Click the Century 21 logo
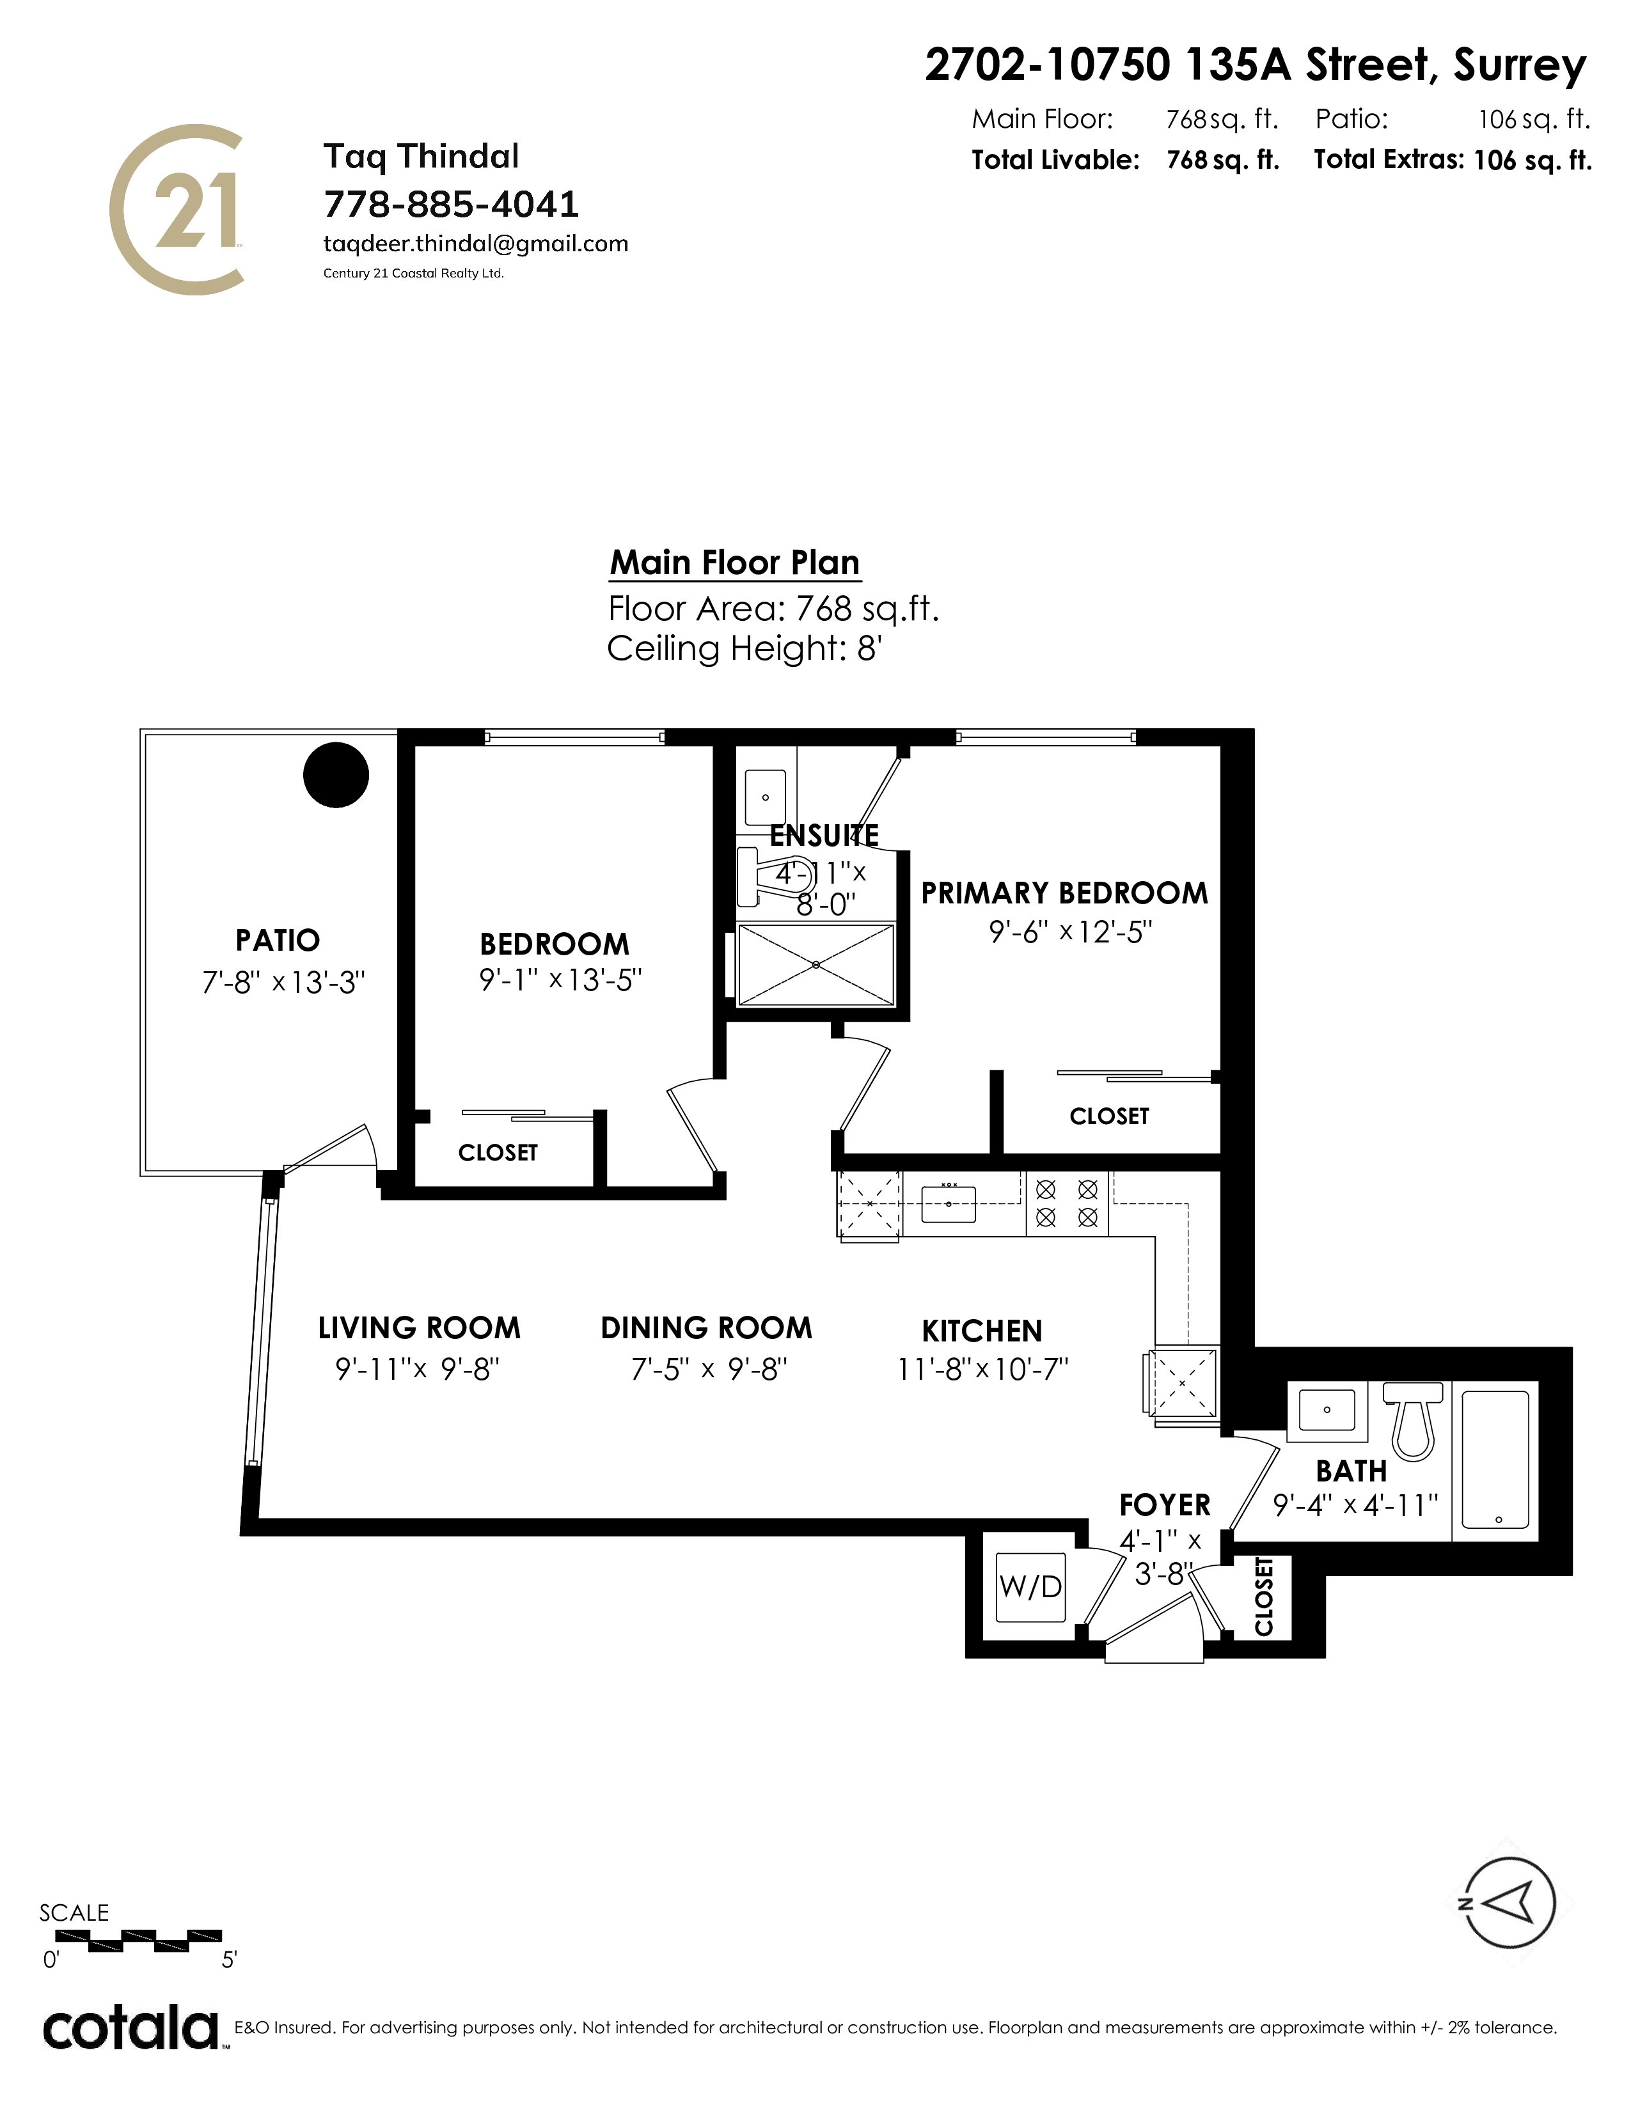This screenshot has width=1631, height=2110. (x=175, y=210)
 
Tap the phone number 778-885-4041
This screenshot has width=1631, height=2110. (x=451, y=204)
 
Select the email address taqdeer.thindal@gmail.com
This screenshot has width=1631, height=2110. (x=475, y=244)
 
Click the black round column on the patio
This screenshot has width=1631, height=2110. (x=336, y=774)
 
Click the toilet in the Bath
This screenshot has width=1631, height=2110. (x=1414, y=1418)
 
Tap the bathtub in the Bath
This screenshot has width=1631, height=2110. (x=1495, y=1460)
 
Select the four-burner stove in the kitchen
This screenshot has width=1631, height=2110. (x=1067, y=1203)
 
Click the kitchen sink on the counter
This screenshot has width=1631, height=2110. (x=949, y=1203)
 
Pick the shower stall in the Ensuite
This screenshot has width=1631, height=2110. (x=817, y=964)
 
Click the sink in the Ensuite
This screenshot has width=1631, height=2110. (x=765, y=797)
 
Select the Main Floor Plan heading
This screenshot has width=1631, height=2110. (x=734, y=562)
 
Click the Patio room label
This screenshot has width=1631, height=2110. (x=278, y=940)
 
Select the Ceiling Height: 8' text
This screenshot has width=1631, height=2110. (x=744, y=648)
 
